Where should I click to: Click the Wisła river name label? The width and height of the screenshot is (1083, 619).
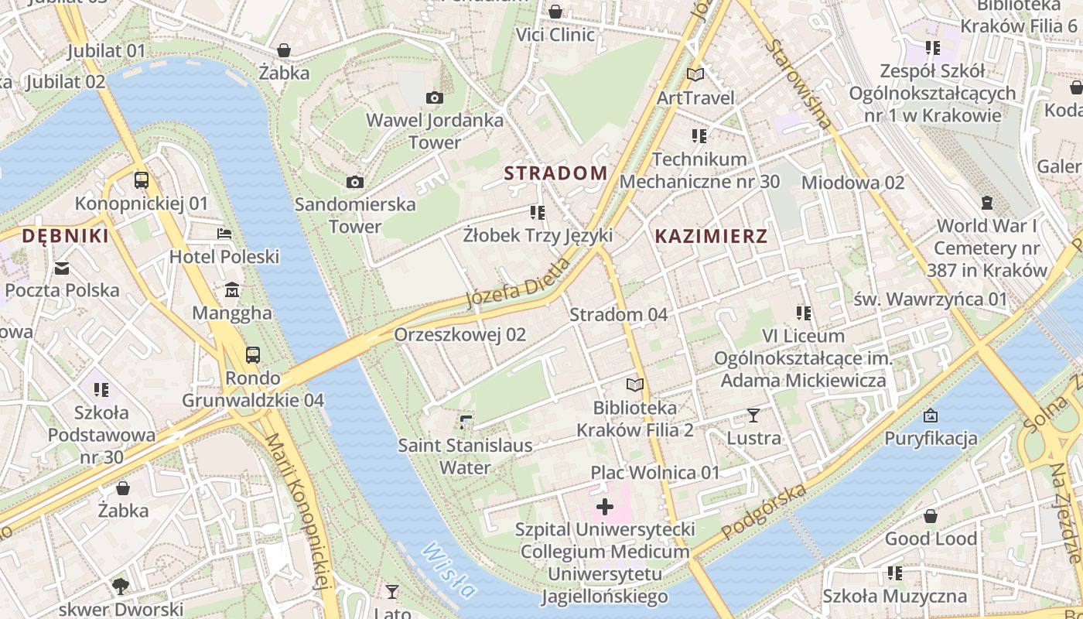[449, 571]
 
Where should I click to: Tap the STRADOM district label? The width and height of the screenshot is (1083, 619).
[555, 173]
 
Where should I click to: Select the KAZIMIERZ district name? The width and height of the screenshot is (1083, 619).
[711, 237]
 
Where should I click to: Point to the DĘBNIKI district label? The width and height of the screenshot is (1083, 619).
[65, 236]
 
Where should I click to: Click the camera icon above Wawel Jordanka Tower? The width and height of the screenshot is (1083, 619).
[435, 97]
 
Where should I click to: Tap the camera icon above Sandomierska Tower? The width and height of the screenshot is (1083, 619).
[355, 182]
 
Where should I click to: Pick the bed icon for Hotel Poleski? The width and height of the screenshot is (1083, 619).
[224, 233]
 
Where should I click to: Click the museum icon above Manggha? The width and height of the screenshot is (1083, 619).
[231, 290]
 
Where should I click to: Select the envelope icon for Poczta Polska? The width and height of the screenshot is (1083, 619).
[62, 268]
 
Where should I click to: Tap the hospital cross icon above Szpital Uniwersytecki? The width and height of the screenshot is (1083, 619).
[605, 508]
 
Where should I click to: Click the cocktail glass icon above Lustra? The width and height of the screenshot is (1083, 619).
[753, 416]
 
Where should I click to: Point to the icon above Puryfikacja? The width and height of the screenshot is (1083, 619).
[931, 416]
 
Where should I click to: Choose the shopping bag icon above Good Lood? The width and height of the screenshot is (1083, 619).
[931, 516]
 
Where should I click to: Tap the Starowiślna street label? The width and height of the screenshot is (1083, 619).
[799, 84]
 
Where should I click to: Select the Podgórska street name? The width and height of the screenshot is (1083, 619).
[764, 511]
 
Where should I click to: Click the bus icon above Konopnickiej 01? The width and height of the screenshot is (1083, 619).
[142, 180]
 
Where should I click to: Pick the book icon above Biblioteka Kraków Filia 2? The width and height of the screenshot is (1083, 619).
[635, 385]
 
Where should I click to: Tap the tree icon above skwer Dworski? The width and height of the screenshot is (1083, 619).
[120, 586]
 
